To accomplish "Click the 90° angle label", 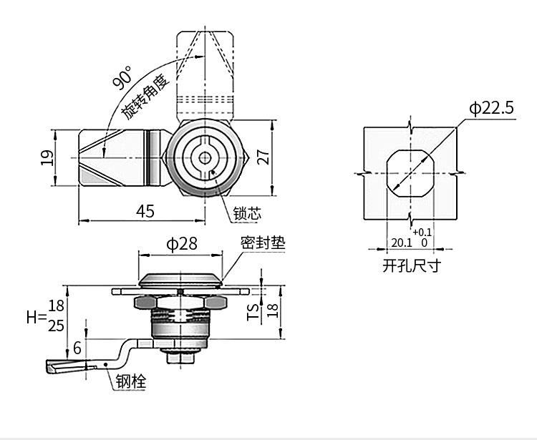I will tap(122, 78).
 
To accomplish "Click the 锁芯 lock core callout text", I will tap(248, 212).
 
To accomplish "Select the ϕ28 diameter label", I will tap(182, 244).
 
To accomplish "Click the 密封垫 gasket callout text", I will tap(262, 243).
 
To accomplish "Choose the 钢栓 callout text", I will tap(131, 383).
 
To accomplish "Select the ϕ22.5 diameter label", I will tap(492, 108).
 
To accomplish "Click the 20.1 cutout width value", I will tap(400, 243).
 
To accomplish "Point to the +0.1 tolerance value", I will tap(422, 232).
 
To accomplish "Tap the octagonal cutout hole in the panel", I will tap(410, 174).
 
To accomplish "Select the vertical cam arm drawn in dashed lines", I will tap(205, 72).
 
